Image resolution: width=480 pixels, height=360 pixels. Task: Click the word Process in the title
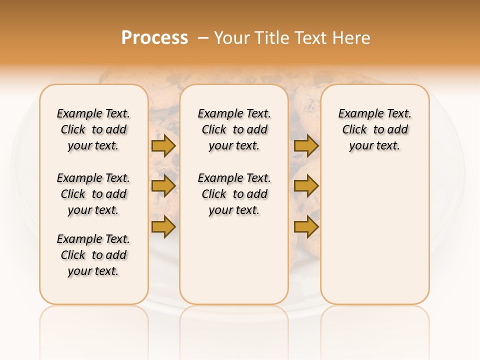[154, 38]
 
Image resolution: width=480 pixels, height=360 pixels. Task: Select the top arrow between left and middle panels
[163, 146]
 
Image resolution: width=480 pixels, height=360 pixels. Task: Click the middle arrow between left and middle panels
[163, 186]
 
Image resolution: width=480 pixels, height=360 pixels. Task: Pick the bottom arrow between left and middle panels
[163, 227]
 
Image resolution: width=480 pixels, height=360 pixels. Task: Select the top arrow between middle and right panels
[306, 146]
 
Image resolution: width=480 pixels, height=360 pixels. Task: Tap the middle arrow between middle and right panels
[306, 186]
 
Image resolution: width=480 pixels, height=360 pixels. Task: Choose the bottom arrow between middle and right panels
[306, 227]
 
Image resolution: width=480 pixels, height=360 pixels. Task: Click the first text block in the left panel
[93, 129]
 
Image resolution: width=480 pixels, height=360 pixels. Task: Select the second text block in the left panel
[93, 194]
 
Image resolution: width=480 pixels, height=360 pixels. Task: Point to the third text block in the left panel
[93, 255]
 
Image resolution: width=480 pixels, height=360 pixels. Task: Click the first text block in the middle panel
[234, 129]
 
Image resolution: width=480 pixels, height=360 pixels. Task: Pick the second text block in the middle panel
[234, 194]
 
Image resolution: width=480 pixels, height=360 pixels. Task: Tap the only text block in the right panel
[375, 129]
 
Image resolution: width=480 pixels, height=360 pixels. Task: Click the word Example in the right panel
[356, 114]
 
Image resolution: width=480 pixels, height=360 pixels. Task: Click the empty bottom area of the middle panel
[234, 265]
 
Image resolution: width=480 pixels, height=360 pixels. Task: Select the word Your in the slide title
[232, 38]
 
